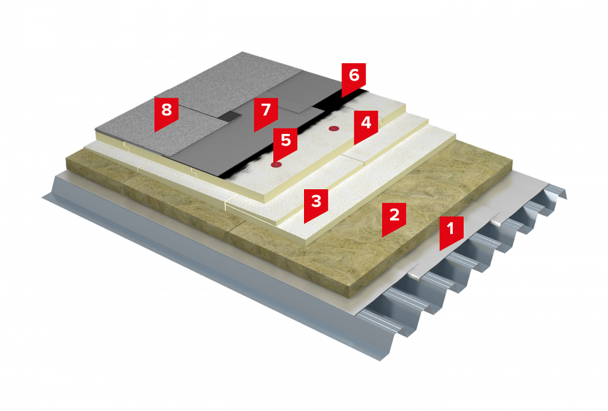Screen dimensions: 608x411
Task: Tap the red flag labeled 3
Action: pos(316,204)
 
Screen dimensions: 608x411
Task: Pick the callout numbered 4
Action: pos(365,125)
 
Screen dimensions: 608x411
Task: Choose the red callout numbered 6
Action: pos(354,78)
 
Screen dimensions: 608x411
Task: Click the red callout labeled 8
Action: pos(166,112)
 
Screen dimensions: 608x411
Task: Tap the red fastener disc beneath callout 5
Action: pos(276,165)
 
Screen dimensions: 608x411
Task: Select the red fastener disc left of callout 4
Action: pos(333,128)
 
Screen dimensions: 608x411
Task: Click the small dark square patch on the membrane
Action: pos(232,115)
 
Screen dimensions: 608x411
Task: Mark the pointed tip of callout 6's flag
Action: pos(342,97)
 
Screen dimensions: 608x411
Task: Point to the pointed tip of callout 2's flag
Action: pos(383,237)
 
